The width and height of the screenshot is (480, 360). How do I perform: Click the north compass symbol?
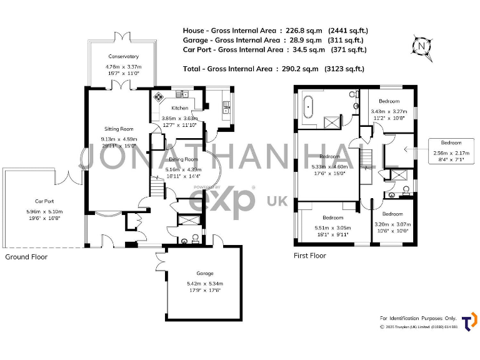(x=422, y=46)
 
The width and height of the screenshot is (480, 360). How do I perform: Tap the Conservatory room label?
(x=122, y=56)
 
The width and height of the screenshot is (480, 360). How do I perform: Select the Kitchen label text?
(x=171, y=107)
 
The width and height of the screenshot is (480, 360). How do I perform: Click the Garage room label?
(x=204, y=273)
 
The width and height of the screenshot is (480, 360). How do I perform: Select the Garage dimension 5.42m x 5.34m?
(x=204, y=284)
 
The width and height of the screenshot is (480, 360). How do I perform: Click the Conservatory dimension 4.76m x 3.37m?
(x=123, y=66)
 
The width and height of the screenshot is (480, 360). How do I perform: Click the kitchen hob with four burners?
(x=159, y=97)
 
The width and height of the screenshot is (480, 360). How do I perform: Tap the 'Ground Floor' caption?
(x=26, y=257)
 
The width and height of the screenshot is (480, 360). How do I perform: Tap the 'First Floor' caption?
(x=310, y=256)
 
